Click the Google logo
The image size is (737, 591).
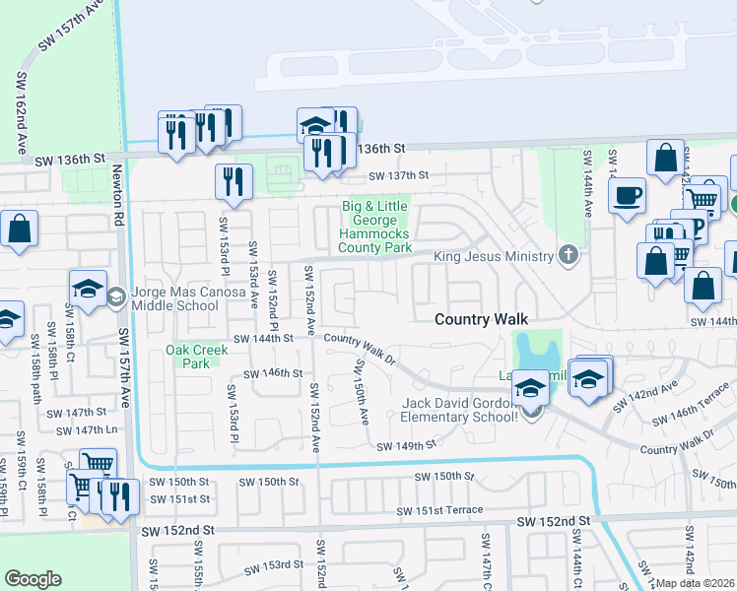(x=33, y=579)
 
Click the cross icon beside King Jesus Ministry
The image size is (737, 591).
(x=568, y=256)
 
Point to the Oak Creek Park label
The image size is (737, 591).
(x=190, y=356)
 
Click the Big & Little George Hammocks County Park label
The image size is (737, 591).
(x=374, y=227)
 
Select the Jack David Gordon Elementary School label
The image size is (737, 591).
(x=459, y=410)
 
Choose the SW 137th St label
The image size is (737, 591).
(x=399, y=175)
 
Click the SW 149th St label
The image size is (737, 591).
(x=406, y=446)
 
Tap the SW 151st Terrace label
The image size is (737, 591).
(x=439, y=510)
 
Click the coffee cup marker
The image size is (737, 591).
(x=627, y=195)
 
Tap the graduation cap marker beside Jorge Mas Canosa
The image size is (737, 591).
(x=88, y=290)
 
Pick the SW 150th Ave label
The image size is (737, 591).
(x=362, y=391)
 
